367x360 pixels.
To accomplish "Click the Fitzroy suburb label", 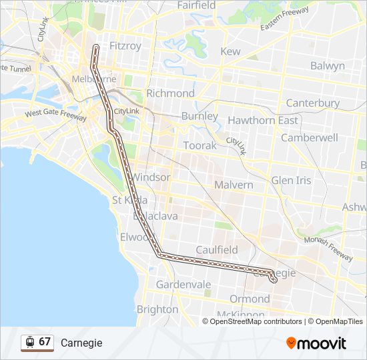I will [x=125, y=46].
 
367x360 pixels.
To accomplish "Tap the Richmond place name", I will [x=170, y=93].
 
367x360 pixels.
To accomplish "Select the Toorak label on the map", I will [x=200, y=145].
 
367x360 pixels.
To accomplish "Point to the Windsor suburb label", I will [x=151, y=177].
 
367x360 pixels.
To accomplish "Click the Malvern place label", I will [x=234, y=184].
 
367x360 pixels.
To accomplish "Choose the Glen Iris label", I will [x=291, y=181].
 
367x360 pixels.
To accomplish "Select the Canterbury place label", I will [x=312, y=103].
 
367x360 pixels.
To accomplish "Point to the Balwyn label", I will [x=327, y=65].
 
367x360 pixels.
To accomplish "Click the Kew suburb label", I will [x=230, y=51].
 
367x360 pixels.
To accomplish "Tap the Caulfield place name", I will [x=217, y=249].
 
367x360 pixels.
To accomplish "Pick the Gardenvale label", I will [x=183, y=285].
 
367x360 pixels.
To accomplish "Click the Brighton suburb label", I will [x=157, y=309].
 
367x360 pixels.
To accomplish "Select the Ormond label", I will [x=250, y=299].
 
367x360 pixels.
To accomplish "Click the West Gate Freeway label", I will [x=55, y=115].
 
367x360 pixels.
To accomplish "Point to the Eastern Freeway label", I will [x=285, y=19].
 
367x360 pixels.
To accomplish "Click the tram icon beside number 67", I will [x=29, y=342].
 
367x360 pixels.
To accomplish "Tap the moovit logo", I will [x=316, y=343].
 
